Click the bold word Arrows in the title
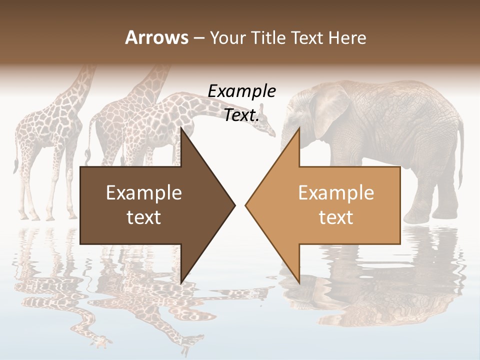(156, 37)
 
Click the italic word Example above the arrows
(241, 91)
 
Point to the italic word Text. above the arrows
(241, 115)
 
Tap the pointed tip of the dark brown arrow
(234, 205)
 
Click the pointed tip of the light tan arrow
(246, 205)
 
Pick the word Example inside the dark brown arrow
(144, 193)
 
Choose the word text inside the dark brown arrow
(144, 217)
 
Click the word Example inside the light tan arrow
(336, 193)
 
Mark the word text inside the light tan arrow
(336, 217)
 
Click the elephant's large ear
(327, 107)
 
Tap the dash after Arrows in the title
(198, 38)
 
